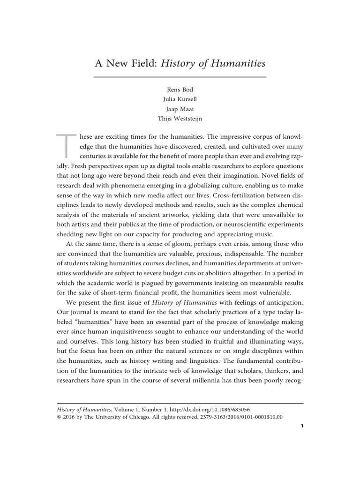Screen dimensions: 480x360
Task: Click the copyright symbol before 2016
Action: [x=59, y=417]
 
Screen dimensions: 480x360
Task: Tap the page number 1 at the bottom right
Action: [x=301, y=427]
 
